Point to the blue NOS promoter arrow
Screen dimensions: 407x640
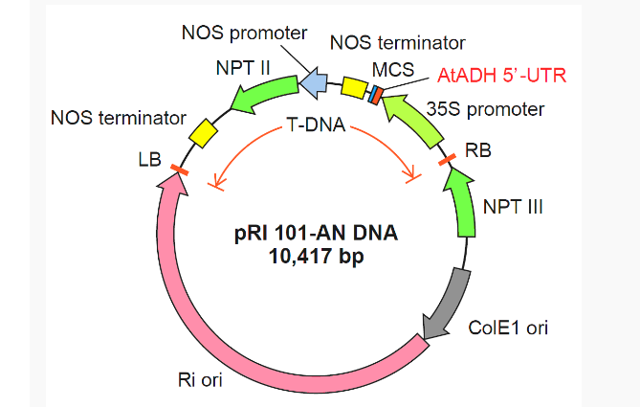[x=315, y=84]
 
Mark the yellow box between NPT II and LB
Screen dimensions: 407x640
[x=203, y=132]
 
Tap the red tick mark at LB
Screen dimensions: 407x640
[x=178, y=170]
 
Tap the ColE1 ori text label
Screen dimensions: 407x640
[x=508, y=328]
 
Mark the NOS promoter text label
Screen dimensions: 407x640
[x=244, y=34]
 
